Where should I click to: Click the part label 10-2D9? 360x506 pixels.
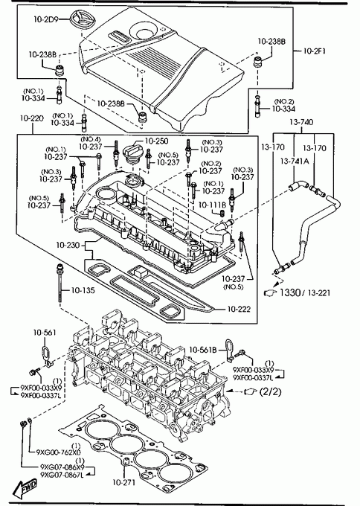click(46, 19)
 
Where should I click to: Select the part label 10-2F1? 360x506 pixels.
click(315, 51)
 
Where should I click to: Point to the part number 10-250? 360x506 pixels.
click(156, 141)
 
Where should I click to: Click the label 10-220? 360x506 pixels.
click(32, 119)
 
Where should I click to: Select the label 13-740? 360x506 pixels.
click(301, 122)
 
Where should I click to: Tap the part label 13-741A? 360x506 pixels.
click(295, 161)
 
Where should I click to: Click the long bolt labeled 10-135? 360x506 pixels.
click(60, 282)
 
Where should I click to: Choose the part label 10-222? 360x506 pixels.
click(239, 309)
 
